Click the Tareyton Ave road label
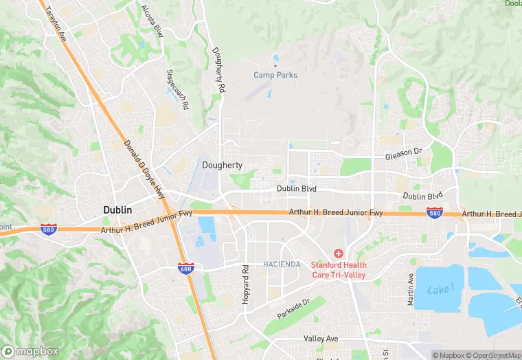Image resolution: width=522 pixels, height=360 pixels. point(56,23)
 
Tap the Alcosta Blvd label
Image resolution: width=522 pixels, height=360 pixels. point(152,20)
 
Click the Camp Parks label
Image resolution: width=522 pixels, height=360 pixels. point(275,75)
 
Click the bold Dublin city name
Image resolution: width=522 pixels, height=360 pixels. point(117,209)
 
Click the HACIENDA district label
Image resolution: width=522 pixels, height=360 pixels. point(282,264)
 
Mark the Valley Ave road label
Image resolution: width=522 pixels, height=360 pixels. point(321,339)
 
